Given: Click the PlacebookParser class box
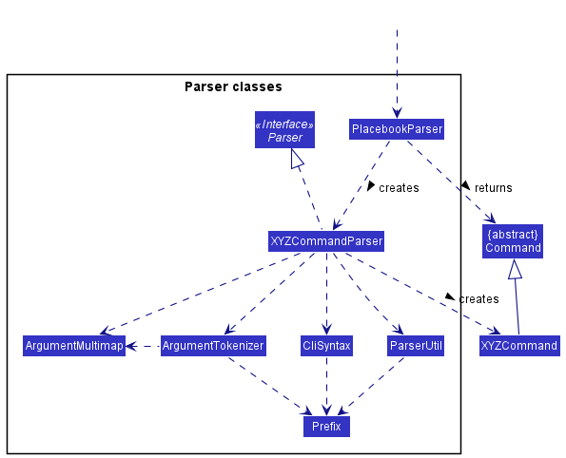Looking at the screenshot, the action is point(397,129).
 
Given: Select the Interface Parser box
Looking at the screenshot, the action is point(284,130).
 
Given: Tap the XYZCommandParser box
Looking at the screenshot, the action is point(326,241).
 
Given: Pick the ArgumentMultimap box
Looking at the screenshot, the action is point(74,346).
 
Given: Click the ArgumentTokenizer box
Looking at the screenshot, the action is point(213,346).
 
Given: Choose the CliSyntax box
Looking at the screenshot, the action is point(326,346).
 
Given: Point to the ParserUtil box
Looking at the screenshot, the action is point(416,346).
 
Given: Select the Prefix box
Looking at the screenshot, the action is point(326,427).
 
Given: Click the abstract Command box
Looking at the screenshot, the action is point(513,241).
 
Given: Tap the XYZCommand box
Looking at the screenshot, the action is point(519,346).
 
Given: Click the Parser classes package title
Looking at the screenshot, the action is point(233,86).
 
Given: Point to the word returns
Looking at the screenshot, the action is point(493,188).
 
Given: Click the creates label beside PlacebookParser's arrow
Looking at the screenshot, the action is point(399,188).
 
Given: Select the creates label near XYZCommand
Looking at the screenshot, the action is point(478,299).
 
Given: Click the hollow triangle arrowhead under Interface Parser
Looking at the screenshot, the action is point(297,159).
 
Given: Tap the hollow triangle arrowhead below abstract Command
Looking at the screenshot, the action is point(515,269).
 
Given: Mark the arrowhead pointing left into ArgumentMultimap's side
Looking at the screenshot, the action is point(130,346).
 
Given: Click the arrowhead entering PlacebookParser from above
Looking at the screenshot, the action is point(397,113).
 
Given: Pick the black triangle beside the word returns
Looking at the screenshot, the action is point(466,186).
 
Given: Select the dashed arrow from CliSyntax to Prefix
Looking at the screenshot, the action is point(326,386).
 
